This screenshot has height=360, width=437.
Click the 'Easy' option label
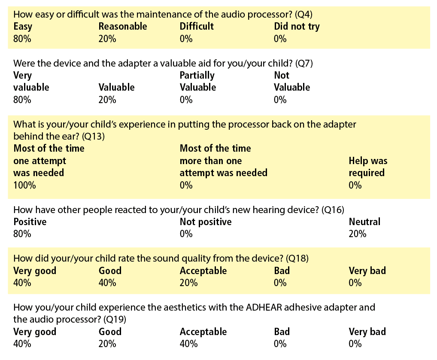coord(23,27)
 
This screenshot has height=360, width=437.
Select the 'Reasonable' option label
coord(123,26)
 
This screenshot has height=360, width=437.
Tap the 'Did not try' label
coord(297,27)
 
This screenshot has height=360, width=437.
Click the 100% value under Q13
coord(24,185)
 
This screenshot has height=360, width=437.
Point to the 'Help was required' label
coord(368,167)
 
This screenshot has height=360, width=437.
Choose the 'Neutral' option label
coord(364,222)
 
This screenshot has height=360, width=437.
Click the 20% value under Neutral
coord(357,234)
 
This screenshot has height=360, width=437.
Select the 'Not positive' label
coord(206,222)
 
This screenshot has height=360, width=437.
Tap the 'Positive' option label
coord(30,222)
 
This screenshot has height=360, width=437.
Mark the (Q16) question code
coord(333,210)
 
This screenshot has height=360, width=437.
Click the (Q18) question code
coord(297,258)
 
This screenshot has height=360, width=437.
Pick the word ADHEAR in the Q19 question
coord(264,307)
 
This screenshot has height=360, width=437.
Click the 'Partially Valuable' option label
coord(198,82)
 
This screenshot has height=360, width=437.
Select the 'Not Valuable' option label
coord(292,82)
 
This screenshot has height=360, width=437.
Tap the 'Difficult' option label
coord(197,26)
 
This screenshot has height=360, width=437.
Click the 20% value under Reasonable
coord(107,39)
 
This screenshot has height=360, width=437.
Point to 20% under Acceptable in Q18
coord(189,283)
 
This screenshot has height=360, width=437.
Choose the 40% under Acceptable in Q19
coord(189,344)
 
